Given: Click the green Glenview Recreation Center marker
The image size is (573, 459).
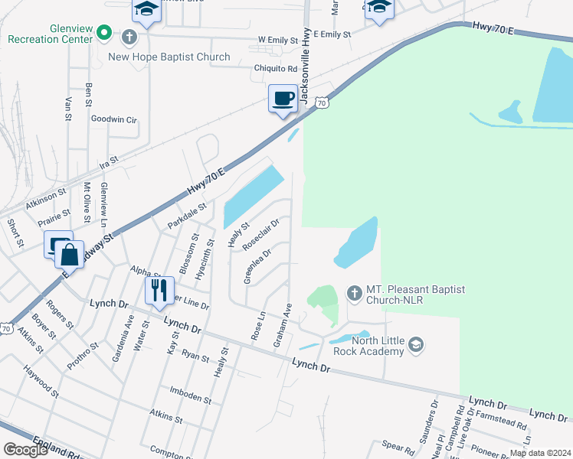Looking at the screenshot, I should (106, 34).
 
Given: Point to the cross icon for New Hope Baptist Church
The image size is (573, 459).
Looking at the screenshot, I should (129, 37).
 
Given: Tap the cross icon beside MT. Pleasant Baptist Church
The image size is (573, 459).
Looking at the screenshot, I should (353, 293).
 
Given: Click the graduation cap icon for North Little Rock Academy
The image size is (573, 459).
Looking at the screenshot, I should (415, 345).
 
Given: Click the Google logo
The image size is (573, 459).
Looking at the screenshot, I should (25, 450).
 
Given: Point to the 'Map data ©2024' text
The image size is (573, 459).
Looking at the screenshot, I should (539, 453).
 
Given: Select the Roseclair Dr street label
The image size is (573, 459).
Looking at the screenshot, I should (261, 236).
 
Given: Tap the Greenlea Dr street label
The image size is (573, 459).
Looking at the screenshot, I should (258, 266).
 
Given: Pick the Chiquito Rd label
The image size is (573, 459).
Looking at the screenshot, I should (254, 68).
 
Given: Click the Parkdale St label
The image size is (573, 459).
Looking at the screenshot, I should (188, 216).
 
